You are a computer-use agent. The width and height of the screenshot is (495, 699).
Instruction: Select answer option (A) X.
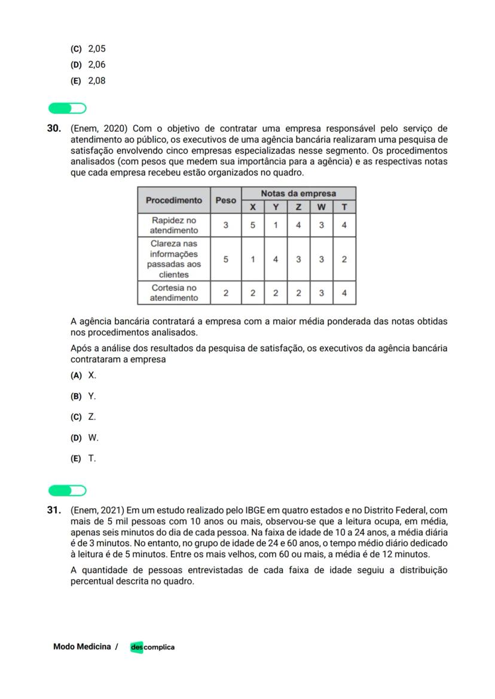pyautogui.click(x=84, y=376)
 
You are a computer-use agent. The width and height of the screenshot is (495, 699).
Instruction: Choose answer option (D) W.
pyautogui.click(x=84, y=438)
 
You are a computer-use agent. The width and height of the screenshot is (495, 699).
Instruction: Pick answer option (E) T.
pyautogui.click(x=84, y=459)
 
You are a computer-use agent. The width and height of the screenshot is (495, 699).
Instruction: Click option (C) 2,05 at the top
pyautogui.click(x=88, y=49)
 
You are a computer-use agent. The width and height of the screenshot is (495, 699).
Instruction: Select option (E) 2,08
pyautogui.click(x=88, y=81)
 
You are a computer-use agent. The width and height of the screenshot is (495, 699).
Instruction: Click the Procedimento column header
pyautogui.click(x=173, y=200)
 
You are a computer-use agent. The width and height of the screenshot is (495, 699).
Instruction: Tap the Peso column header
pyautogui.click(x=225, y=200)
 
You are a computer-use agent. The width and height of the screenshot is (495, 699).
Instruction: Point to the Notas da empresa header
pyautogui.click(x=298, y=194)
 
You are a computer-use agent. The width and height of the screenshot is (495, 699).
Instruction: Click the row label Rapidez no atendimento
pyautogui.click(x=173, y=225)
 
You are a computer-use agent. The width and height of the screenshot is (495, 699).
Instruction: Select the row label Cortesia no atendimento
pyautogui.click(x=173, y=292)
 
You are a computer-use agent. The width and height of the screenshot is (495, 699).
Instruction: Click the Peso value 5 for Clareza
pyautogui.click(x=225, y=260)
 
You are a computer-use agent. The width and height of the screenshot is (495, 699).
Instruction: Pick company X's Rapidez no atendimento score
pyautogui.click(x=253, y=225)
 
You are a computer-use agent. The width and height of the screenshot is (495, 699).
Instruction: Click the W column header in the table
pyautogui.click(x=321, y=207)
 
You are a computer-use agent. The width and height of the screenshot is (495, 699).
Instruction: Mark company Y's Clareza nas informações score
pyautogui.click(x=276, y=260)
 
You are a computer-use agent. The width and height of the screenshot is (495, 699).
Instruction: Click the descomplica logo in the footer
pyautogui.click(x=152, y=647)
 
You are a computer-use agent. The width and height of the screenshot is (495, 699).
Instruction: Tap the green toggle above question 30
pyautogui.click(x=67, y=108)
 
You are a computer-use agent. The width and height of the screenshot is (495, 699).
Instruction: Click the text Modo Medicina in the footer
pyautogui.click(x=82, y=646)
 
